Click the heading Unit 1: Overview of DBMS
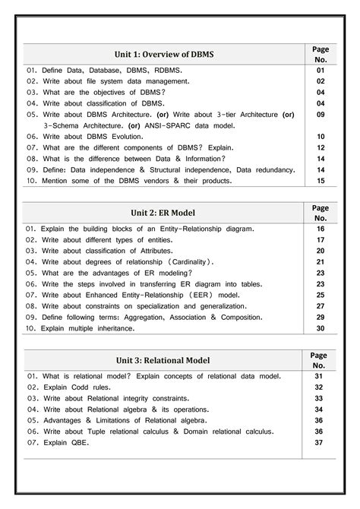164,55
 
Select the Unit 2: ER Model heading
165,213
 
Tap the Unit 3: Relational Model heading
164,359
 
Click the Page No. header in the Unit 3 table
320,359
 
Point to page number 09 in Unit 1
321,114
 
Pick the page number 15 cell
321,182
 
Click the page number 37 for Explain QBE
320,442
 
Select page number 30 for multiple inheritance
321,328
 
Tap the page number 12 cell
321,147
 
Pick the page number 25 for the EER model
321,294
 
